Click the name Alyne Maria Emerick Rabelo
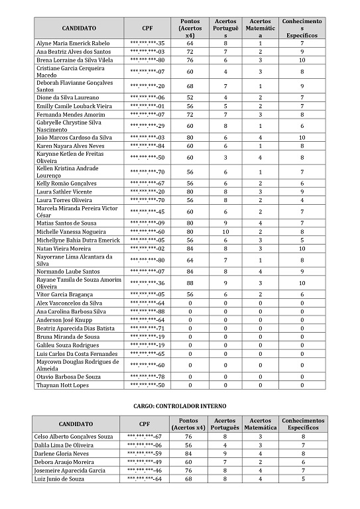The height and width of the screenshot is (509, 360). coord(73,43)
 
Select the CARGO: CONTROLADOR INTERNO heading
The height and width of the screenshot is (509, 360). coord(180,404)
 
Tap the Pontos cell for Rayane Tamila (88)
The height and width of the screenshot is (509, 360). coord(190,283)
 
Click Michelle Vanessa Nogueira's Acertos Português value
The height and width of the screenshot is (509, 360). coord(225,232)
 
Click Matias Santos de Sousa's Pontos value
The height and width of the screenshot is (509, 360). coord(190,223)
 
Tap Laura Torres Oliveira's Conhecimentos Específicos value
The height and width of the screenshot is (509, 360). coord(302,199)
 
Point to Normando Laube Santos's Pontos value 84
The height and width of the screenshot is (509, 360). coord(190,271)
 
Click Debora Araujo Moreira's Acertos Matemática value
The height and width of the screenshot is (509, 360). coord(261,462)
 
